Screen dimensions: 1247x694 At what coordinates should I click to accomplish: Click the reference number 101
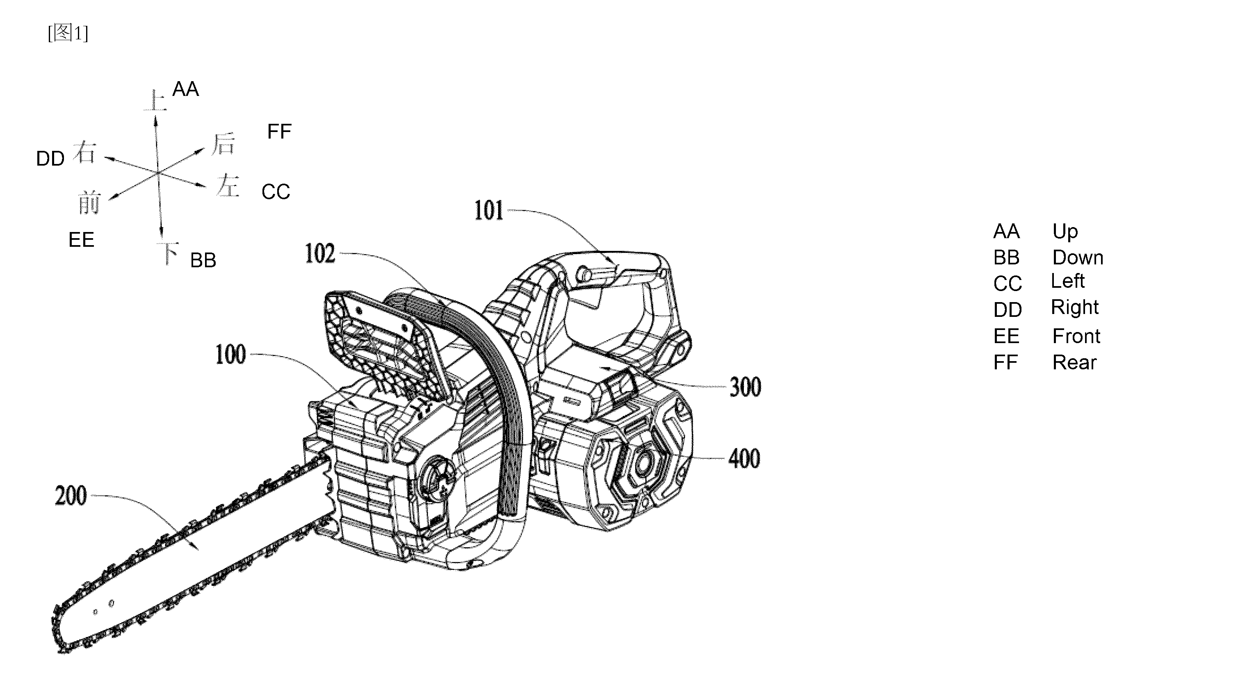(489, 211)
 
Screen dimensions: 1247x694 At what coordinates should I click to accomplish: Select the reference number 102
(320, 254)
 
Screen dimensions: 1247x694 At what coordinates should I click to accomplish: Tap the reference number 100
(230, 355)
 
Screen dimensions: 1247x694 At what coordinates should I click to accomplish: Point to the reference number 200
(71, 496)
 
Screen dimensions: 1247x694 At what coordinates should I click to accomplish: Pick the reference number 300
(745, 387)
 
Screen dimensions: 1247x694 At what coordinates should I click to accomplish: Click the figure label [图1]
(68, 33)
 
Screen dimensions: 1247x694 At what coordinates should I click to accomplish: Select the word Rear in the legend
(1074, 362)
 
